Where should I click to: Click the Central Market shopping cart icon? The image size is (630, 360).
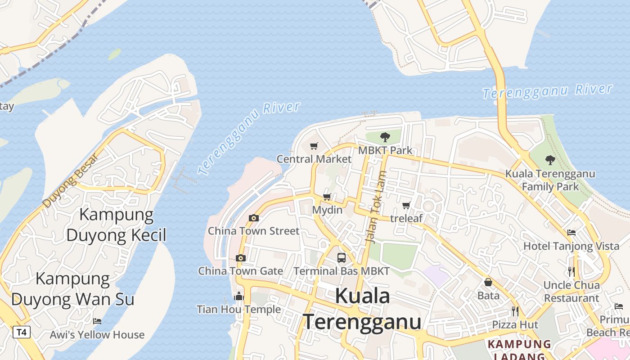314,146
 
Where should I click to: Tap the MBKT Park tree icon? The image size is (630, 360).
385,137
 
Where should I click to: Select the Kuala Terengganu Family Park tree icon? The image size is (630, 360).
550,160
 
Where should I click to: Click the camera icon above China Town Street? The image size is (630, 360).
254,218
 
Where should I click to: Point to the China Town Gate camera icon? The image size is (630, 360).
241,258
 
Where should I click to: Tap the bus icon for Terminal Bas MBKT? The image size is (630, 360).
342,258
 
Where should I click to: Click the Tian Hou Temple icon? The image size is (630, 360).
239,296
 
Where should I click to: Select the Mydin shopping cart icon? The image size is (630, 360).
327,197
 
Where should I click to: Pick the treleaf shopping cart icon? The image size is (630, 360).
406,206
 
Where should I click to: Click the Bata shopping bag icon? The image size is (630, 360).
488,282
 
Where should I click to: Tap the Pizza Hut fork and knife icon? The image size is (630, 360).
515,311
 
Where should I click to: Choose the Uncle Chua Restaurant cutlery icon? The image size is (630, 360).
571,272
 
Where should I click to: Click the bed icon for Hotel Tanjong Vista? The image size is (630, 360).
571,233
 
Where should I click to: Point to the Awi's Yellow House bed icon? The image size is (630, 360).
97,321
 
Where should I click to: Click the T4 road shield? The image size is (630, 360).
21,333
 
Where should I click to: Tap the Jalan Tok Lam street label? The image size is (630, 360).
376,207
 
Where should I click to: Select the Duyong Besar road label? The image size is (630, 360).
70,181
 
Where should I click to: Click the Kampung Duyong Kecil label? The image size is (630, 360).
117,225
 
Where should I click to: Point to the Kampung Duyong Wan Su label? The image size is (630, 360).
73,289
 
